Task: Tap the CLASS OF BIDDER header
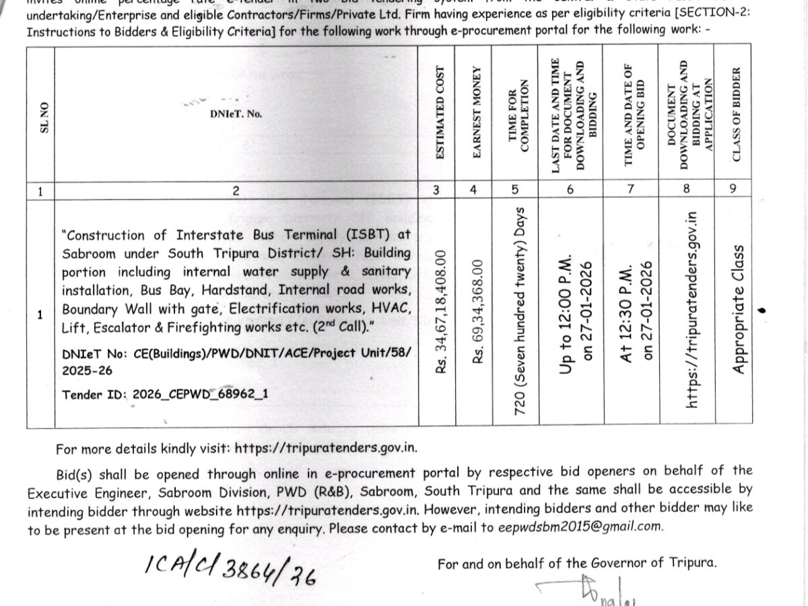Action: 736,114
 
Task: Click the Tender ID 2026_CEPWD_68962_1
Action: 165,395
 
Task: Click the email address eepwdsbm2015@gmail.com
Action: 580,527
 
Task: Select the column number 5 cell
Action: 515,190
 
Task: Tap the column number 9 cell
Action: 733,189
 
